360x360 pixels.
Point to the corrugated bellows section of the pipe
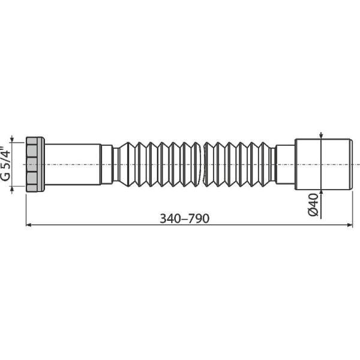tap(192, 163)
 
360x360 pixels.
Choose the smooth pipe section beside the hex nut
tap(72, 163)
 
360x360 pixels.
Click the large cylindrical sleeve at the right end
tap(324, 163)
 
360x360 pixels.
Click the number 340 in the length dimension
tap(170, 218)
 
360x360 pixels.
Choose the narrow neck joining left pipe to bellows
tap(107, 163)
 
